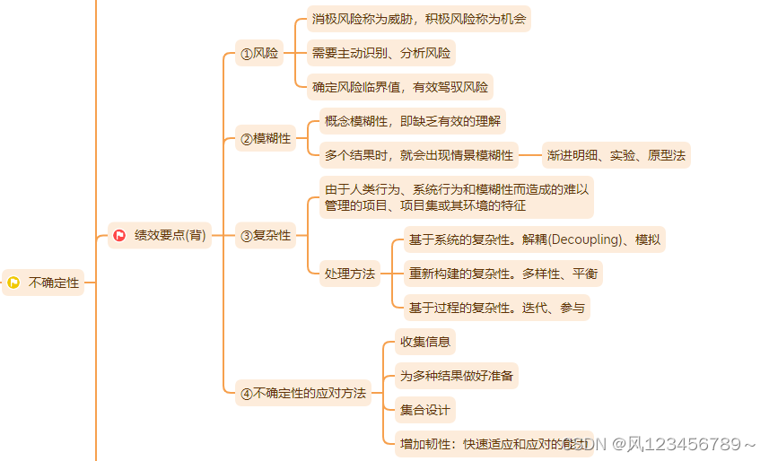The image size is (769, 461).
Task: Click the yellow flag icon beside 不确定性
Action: click(x=13, y=283)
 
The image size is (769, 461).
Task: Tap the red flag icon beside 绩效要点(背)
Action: click(x=118, y=235)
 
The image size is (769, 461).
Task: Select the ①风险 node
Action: click(x=260, y=54)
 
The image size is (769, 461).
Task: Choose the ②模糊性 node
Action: click(x=266, y=138)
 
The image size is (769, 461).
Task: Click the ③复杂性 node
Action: click(x=266, y=236)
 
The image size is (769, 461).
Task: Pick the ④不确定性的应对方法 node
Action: click(x=303, y=393)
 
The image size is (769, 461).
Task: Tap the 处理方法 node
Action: click(x=349, y=274)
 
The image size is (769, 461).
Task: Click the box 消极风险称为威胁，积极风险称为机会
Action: click(x=418, y=19)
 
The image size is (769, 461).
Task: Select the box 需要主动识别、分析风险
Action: click(x=381, y=53)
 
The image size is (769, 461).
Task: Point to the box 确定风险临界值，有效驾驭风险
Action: click(x=400, y=87)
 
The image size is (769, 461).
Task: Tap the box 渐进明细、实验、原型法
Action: click(x=616, y=155)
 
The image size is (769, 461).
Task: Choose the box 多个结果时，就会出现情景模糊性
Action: click(x=419, y=155)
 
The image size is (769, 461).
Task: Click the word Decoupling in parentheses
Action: click(x=584, y=239)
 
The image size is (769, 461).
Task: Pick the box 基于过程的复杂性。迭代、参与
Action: click(x=496, y=308)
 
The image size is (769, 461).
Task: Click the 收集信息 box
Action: click(x=425, y=342)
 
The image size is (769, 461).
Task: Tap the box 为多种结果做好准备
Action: click(x=457, y=376)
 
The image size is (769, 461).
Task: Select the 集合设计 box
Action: click(x=425, y=410)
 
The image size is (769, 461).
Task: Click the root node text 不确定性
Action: click(x=54, y=283)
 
